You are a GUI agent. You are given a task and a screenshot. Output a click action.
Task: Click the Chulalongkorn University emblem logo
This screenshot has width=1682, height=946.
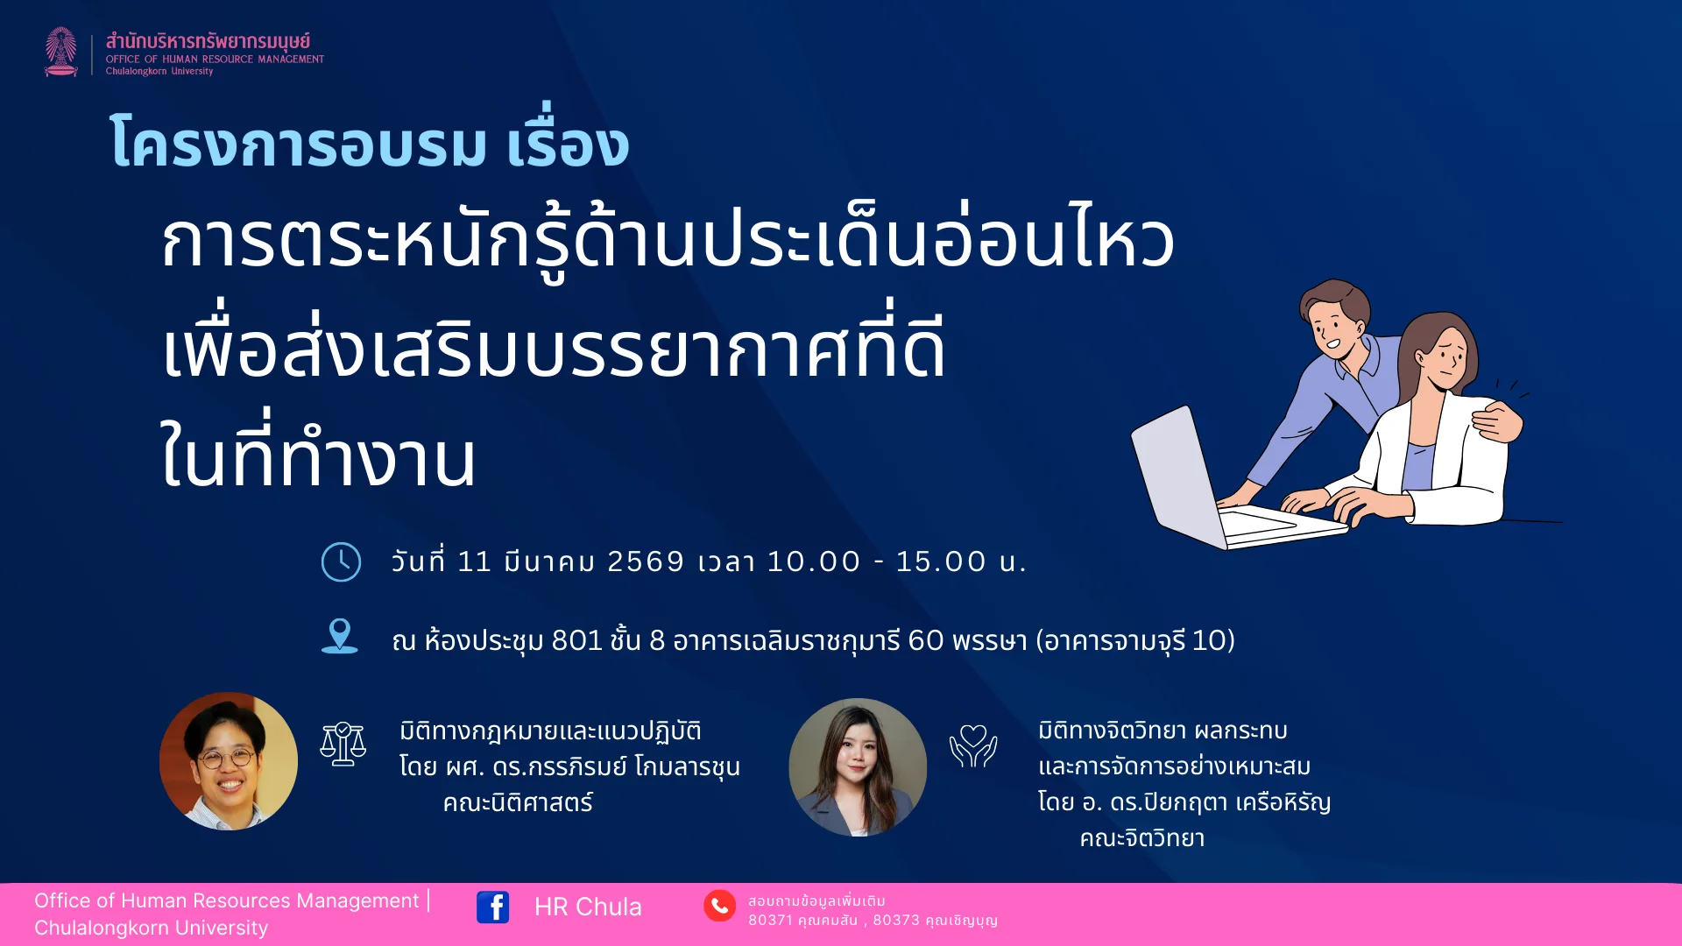[x=61, y=52]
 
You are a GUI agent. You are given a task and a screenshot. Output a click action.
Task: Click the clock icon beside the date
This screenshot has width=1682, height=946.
[x=341, y=561]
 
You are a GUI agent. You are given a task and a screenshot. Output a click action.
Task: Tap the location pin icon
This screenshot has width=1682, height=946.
[x=340, y=636]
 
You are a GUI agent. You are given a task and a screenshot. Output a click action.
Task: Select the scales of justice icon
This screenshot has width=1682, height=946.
[x=343, y=744]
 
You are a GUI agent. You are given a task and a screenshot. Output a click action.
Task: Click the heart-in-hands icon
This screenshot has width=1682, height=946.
[x=973, y=746]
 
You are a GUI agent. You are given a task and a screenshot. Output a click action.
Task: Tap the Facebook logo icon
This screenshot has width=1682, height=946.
[x=492, y=907]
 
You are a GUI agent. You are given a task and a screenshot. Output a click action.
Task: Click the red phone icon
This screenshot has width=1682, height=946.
[x=719, y=906]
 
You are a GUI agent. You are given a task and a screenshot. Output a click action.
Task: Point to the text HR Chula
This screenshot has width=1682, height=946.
[x=588, y=907]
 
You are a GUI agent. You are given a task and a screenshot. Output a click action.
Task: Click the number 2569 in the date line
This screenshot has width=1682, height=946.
[x=646, y=561]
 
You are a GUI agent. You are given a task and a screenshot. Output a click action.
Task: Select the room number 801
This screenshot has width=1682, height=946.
[x=576, y=640]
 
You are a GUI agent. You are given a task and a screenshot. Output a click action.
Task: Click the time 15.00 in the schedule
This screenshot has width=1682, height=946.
[x=941, y=561]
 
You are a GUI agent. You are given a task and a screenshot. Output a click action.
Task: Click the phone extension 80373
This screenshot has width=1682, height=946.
[x=896, y=920]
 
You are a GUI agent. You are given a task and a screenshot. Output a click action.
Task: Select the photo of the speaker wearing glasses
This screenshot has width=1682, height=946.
[x=229, y=761]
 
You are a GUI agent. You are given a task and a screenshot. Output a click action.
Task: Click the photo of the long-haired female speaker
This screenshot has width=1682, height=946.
[x=858, y=767]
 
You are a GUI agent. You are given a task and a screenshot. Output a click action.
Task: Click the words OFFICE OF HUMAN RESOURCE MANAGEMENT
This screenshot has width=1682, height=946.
[x=215, y=60]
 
